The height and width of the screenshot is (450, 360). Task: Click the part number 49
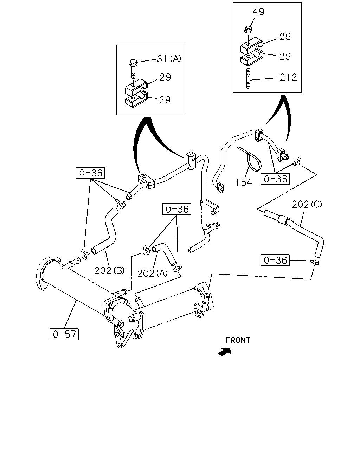(258, 12)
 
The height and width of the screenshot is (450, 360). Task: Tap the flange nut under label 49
(248, 29)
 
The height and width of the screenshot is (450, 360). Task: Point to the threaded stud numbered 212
(248, 78)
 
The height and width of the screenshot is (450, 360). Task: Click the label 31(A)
(169, 59)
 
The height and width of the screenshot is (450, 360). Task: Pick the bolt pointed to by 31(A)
(133, 69)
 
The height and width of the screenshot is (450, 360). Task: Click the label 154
(244, 182)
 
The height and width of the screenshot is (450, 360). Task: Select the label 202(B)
(109, 270)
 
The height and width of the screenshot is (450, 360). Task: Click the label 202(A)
(153, 273)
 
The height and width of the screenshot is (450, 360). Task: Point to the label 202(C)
(307, 204)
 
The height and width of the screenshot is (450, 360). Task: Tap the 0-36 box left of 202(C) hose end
(275, 260)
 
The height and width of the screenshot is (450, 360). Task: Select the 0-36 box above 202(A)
(177, 209)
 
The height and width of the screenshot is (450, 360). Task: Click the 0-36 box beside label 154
(275, 179)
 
